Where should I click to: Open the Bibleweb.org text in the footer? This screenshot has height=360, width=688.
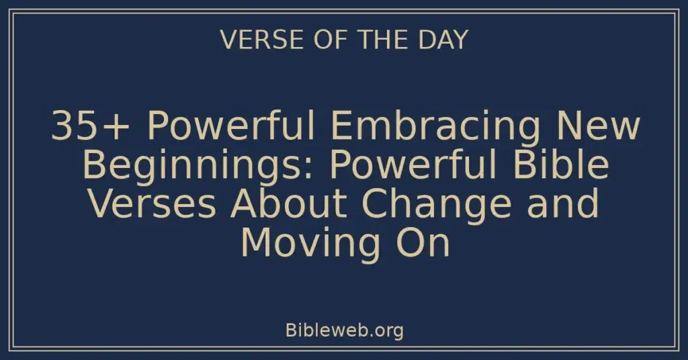click(x=344, y=330)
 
